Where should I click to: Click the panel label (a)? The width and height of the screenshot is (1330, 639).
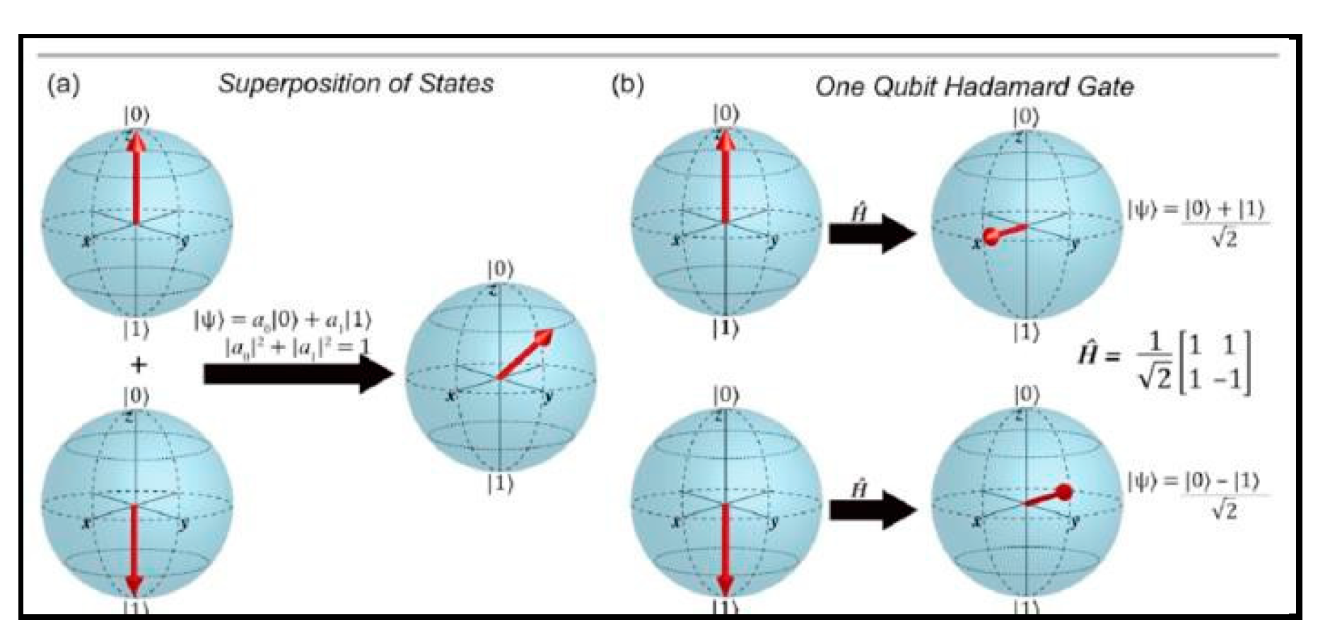coord(63,85)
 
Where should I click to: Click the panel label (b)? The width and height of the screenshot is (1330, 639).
coord(627,85)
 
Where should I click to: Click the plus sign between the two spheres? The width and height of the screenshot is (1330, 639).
coord(139,365)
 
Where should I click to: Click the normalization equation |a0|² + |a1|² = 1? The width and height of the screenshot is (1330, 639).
coord(297,347)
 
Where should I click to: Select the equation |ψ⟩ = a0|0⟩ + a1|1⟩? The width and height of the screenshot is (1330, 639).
coord(283,320)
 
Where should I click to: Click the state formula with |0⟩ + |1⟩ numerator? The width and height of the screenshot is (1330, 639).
coord(1198,222)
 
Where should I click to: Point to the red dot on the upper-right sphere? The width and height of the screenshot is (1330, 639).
coord(991,236)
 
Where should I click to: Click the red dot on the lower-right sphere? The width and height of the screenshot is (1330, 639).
coord(1063,492)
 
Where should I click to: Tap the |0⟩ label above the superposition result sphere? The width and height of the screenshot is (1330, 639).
coord(500,270)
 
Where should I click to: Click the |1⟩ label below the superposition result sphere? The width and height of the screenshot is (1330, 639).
coord(500,484)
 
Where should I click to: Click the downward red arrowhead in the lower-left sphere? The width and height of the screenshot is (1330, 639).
coord(134,585)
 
